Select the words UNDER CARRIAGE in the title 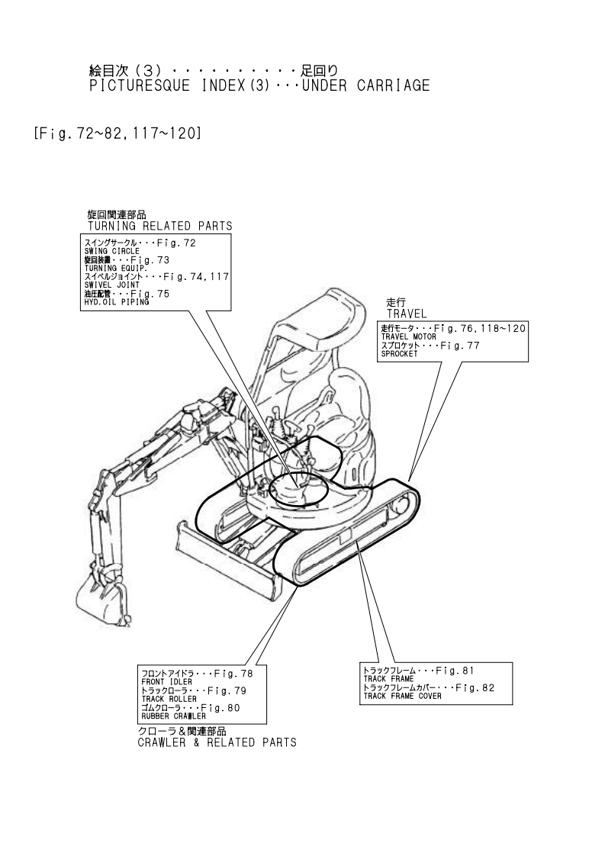pyautogui.click(x=365, y=85)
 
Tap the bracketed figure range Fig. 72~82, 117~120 pyautogui.click(x=117, y=134)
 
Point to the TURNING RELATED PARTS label pyautogui.click(x=159, y=226)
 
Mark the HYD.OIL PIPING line pyautogui.click(x=117, y=302)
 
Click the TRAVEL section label pyautogui.click(x=407, y=314)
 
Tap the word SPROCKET pyautogui.click(x=401, y=353)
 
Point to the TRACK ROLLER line pyautogui.click(x=169, y=699)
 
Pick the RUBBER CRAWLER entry pyautogui.click(x=173, y=716)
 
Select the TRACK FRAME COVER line pyautogui.click(x=402, y=696)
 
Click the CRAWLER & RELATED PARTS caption pyautogui.click(x=217, y=742)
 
